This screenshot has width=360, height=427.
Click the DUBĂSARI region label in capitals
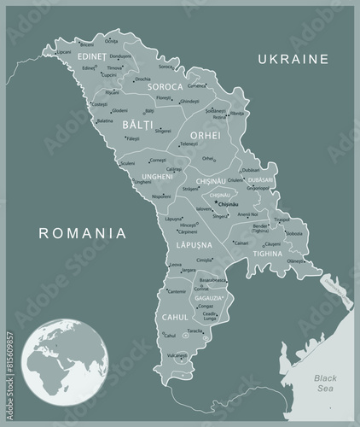coord(259,180)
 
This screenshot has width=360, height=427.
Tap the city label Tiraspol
coord(281,219)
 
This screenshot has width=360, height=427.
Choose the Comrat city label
coord(201,289)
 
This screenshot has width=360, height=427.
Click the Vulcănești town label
coord(177,354)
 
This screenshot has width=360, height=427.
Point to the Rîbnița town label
coord(237,113)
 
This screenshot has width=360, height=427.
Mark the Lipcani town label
coord(64,51)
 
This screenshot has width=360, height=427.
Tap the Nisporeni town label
coord(161,196)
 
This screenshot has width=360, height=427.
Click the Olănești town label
coord(294,261)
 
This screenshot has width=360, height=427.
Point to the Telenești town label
coord(189,144)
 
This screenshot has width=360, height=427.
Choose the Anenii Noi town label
coord(248,213)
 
